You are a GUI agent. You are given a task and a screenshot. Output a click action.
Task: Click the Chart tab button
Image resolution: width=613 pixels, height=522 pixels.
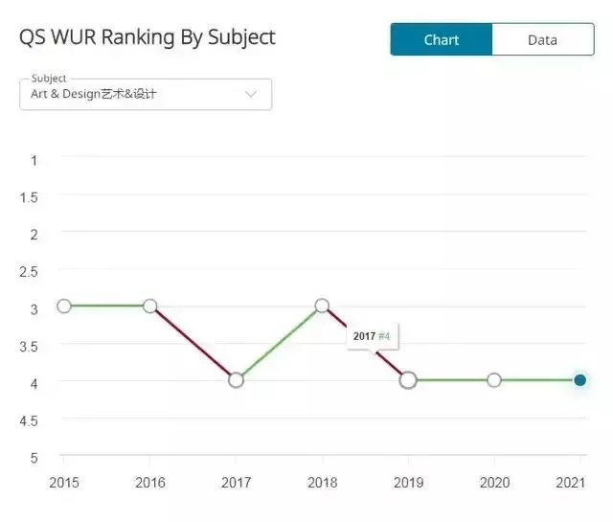coord(441,39)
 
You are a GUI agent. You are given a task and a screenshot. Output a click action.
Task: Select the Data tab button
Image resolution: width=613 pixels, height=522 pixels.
coord(542,39)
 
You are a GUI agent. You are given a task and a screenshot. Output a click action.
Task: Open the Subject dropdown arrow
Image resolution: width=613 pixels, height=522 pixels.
coord(251,94)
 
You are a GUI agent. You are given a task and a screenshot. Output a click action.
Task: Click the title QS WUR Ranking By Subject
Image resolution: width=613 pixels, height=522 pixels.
coord(148,37)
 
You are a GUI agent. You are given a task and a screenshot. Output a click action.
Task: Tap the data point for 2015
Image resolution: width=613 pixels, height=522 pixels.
coord(64,306)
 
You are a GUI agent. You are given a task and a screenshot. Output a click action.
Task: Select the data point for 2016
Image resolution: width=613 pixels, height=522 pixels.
coord(150,306)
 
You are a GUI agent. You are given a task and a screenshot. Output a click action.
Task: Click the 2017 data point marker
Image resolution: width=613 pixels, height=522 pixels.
coord(236,380)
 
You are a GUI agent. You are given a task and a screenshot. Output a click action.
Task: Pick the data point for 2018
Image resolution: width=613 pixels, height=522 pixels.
coord(322,306)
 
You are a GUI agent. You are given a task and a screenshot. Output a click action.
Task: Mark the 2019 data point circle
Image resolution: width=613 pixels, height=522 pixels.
coord(408,380)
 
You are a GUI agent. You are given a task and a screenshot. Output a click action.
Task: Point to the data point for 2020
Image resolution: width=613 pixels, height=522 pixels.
coord(493,380)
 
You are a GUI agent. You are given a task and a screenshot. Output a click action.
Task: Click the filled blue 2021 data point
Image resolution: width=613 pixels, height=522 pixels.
coord(579,380)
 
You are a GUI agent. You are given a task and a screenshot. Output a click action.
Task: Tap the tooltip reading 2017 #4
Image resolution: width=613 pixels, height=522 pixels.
coord(372,336)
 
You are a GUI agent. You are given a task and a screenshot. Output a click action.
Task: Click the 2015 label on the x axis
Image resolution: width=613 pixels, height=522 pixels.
coord(64,483)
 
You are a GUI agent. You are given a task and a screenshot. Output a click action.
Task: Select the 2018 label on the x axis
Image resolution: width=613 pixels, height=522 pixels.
coord(322,483)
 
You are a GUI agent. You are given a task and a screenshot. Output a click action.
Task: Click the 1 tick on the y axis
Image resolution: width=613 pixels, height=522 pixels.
coord(34,160)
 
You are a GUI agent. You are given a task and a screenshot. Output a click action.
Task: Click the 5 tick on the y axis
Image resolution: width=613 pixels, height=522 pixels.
coord(34,457)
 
